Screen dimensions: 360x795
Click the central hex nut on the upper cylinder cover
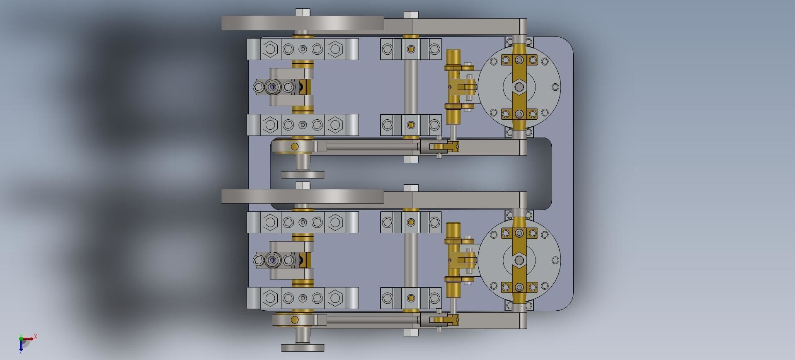coord(519,87)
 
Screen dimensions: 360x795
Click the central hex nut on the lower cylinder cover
coord(519,260)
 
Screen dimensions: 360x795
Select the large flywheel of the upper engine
coord(303,23)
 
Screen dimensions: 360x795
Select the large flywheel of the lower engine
coord(303,196)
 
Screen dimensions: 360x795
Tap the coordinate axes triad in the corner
coord(23,342)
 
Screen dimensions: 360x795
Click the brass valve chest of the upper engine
coord(453,87)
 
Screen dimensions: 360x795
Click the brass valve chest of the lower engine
coord(453,260)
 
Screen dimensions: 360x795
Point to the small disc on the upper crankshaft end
coord(303,174)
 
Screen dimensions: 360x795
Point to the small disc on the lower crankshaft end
coord(303,348)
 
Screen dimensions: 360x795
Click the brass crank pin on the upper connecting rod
coord(295,146)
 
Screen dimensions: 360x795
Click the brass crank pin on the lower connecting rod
coord(295,319)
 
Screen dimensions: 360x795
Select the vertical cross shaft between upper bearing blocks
coord(411,87)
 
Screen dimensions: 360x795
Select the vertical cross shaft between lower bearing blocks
coord(411,260)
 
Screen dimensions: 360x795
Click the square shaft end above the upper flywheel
coord(303,12)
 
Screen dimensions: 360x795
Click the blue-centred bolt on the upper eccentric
coord(272,87)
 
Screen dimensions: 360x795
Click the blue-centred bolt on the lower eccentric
coord(273,260)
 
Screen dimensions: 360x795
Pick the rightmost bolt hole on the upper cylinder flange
coord(555,87)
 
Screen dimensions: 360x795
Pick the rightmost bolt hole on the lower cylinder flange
coord(555,260)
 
